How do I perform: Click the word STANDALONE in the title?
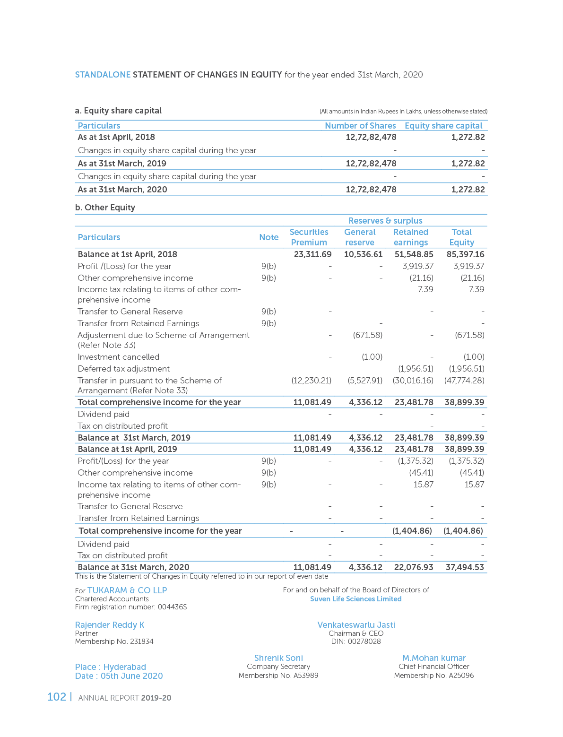click(x=103, y=75)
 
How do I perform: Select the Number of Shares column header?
click(x=360, y=126)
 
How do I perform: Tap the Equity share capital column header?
click(x=443, y=126)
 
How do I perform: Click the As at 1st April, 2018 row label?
click(x=116, y=137)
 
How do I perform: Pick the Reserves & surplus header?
click(x=385, y=221)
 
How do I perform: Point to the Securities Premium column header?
click(x=309, y=237)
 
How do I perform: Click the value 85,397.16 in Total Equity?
click(x=465, y=254)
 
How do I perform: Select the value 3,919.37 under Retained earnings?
click(x=418, y=266)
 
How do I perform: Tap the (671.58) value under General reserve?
click(x=368, y=335)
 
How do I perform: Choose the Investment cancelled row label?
click(x=118, y=357)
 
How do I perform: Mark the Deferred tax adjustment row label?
click(x=123, y=369)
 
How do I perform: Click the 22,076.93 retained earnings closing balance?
click(x=413, y=567)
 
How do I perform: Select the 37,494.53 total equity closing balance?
click(x=465, y=567)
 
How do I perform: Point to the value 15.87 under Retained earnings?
click(x=423, y=485)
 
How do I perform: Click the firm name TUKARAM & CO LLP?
click(x=127, y=590)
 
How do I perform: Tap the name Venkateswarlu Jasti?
click(x=356, y=625)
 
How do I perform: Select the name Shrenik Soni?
click(x=278, y=658)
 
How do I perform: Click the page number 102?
click(x=57, y=697)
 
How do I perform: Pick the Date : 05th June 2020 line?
click(x=119, y=676)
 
